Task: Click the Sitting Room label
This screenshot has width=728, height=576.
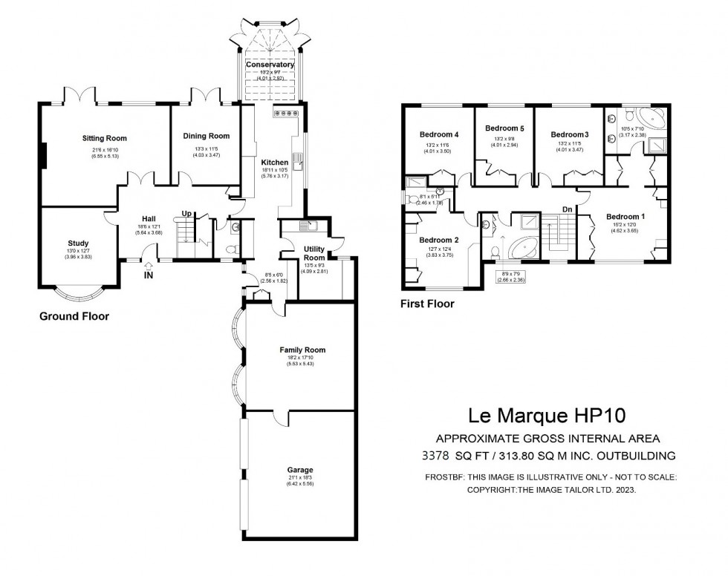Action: click(x=104, y=138)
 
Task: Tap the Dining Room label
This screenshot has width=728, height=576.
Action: click(x=207, y=136)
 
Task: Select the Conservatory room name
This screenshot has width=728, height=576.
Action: click(x=270, y=65)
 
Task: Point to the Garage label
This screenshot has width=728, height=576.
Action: click(x=300, y=470)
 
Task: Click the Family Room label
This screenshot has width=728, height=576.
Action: click(x=302, y=350)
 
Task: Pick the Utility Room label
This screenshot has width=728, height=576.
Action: click(x=314, y=253)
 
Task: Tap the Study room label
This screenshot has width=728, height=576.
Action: click(x=78, y=243)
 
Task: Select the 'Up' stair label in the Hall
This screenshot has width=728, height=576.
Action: click(x=187, y=214)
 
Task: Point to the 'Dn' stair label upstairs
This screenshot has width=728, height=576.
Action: click(x=567, y=209)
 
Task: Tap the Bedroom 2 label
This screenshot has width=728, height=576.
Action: click(x=438, y=240)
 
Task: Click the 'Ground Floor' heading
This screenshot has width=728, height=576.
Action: click(x=74, y=316)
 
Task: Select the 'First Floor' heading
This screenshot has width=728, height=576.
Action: click(x=427, y=304)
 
